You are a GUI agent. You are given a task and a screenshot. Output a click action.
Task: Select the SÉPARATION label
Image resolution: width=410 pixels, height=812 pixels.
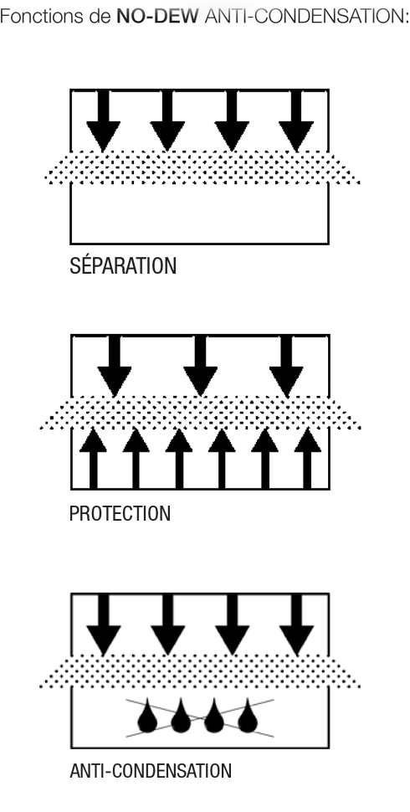click(x=123, y=265)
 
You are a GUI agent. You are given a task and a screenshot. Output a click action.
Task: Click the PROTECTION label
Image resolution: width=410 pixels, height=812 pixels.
click(x=120, y=514)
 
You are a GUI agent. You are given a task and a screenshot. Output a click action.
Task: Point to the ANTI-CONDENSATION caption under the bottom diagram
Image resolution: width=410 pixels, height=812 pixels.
click(x=151, y=771)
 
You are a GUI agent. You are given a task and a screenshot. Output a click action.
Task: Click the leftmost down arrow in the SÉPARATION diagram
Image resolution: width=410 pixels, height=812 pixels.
click(x=103, y=121)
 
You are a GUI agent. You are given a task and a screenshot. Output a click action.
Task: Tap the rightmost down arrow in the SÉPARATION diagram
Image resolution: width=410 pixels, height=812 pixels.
click(x=296, y=121)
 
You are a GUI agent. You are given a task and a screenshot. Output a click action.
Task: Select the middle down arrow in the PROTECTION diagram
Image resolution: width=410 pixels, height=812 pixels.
click(x=200, y=366)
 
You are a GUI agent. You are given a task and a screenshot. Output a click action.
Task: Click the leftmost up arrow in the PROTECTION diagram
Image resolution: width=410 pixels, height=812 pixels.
click(x=93, y=458)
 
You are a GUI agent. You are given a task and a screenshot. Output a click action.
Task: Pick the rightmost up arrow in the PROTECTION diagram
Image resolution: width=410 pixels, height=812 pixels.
click(x=308, y=458)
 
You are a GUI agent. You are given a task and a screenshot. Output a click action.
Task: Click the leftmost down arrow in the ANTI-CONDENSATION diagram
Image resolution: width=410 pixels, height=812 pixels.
click(x=103, y=624)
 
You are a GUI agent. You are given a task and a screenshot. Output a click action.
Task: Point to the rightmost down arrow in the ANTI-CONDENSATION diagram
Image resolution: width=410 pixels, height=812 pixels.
click(x=296, y=624)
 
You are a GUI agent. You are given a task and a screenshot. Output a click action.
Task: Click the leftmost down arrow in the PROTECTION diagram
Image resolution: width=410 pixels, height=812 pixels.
click(x=115, y=366)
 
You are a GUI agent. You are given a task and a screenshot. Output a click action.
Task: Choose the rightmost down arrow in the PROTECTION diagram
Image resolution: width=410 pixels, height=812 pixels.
click(x=286, y=366)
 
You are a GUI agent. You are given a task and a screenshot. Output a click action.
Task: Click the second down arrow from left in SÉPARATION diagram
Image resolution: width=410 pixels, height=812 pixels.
click(x=167, y=121)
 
